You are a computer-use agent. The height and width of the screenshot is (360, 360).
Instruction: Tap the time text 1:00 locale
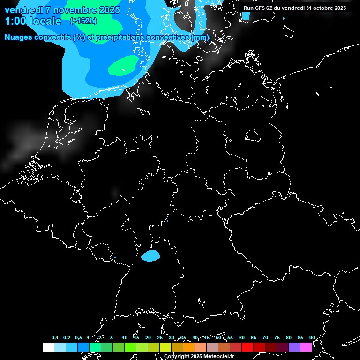pos(33,21)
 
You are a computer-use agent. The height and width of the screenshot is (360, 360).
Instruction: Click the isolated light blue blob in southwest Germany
pos(150,255)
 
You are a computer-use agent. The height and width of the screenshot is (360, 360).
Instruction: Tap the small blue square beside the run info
pos(246,16)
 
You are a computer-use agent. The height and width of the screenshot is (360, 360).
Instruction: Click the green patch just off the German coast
pos(124,66)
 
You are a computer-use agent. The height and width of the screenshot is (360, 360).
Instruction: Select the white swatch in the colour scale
pos(48,347)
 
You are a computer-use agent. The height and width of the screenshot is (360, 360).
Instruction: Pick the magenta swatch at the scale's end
pos(306,347)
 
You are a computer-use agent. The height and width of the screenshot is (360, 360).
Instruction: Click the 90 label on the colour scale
pos(312,337)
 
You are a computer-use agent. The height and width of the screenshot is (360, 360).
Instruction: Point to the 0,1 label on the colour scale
pos(55,337)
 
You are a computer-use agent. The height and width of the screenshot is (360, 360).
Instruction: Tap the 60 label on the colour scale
pos(242,337)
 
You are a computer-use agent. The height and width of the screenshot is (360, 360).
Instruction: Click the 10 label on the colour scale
pos(125,337)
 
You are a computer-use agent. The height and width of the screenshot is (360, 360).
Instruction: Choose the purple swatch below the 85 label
pos(294,347)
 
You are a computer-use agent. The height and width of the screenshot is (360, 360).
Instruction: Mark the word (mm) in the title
pos(201,37)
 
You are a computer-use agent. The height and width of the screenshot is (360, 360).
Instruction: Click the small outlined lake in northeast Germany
pos(253,135)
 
